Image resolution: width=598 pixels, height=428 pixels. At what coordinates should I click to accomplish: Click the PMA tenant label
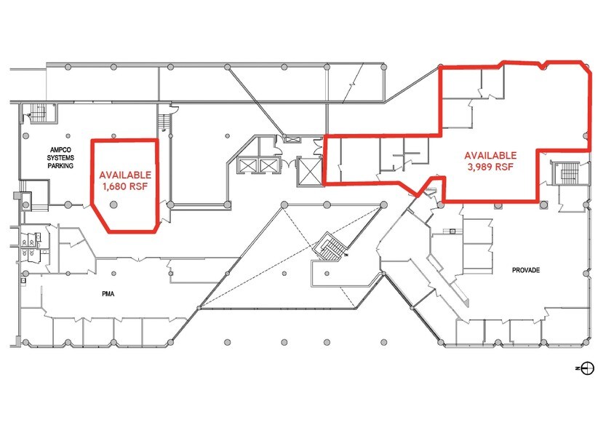[109, 294]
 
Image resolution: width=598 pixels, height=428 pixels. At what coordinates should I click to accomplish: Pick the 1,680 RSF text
[125, 186]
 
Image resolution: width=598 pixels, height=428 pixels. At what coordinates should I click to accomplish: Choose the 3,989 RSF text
[491, 166]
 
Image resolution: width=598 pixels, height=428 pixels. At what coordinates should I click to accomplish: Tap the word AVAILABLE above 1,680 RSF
[125, 175]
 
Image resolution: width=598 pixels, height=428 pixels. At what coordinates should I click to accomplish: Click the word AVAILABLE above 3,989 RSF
[491, 155]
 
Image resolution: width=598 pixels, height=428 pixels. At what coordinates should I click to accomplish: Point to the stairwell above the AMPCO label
[37, 114]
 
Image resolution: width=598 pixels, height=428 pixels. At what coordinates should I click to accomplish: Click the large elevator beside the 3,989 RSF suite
[309, 172]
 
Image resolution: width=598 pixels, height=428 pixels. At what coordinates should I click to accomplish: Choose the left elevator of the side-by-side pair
[248, 166]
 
